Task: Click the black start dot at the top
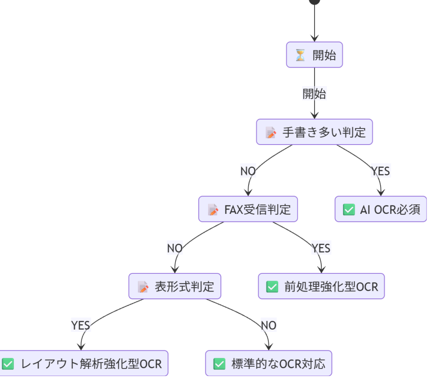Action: click(314, 1)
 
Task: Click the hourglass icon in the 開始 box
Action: click(300, 55)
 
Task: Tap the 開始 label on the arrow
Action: click(314, 93)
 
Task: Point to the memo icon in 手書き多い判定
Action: click(271, 133)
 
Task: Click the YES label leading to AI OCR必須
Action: click(381, 171)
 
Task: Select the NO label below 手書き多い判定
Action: click(248, 171)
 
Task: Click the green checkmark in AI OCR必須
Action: click(349, 210)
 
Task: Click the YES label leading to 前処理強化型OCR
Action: click(321, 248)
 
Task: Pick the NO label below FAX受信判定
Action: click(175, 248)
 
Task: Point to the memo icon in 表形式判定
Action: click(143, 287)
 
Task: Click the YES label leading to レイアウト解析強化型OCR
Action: click(80, 325)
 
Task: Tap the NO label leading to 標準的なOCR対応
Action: click(269, 325)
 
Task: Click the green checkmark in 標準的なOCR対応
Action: click(219, 364)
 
